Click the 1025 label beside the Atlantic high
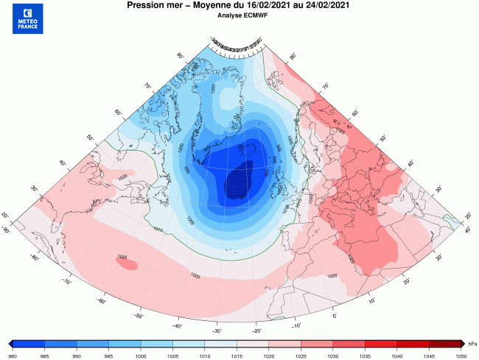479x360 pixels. pyautogui.click(x=122, y=257)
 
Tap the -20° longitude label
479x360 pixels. pyautogui.click(x=256, y=331)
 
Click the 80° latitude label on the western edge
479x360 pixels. pyautogui.click(x=179, y=55)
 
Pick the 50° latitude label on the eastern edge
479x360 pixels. pyautogui.click(x=382, y=137)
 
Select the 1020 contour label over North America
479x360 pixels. pyautogui.click(x=122, y=177)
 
